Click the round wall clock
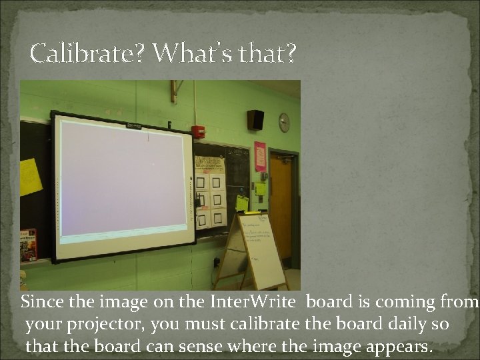pyautogui.click(x=284, y=123)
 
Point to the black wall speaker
pyautogui.click(x=255, y=120)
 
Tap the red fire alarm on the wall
pyautogui.click(x=198, y=131)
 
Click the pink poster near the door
pyautogui.click(x=259, y=156)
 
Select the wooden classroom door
pyautogui.click(x=281, y=207)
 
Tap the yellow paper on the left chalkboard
pyautogui.click(x=30, y=177)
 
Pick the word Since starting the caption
pyautogui.click(x=42, y=302)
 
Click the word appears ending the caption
pyautogui.click(x=403, y=347)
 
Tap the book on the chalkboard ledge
pyautogui.click(x=28, y=245)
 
